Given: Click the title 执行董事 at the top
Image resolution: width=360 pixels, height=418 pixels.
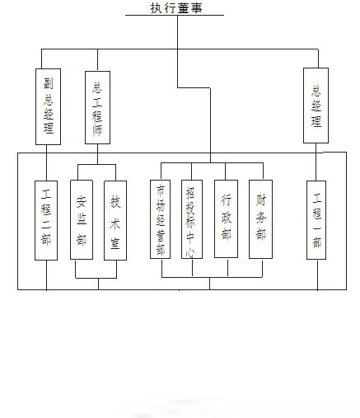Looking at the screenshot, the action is pos(176,7).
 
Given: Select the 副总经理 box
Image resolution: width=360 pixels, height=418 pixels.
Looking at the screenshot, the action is pos(48,106).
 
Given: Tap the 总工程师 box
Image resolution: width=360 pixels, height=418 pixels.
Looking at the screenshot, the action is pos(97,107).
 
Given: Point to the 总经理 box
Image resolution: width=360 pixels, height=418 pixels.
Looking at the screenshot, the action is pos(316,106).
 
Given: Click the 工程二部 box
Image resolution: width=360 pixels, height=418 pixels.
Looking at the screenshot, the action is pos(46,220).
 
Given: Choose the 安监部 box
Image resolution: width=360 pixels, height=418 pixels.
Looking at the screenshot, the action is pos(82,220).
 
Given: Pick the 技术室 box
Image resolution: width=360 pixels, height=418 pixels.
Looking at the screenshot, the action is pos(115,220).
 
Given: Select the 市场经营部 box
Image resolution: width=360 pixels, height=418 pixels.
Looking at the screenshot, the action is pos(161,219).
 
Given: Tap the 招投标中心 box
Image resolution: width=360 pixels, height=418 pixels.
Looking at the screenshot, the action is pos(192,219).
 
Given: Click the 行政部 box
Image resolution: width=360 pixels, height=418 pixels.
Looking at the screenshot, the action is pos(226,219).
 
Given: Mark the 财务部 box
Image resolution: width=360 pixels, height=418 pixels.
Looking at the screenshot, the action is pos(261,219).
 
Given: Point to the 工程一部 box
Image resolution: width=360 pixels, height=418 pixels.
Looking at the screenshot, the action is pos(316,220).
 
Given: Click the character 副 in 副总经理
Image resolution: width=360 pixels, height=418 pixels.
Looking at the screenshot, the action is pos(49,83).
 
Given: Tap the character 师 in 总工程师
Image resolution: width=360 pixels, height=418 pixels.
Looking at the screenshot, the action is pos(97,130).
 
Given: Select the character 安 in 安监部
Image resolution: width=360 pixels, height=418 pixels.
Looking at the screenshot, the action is pos(82,201).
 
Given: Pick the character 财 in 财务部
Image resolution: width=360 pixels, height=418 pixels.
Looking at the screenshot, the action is pos(261,200).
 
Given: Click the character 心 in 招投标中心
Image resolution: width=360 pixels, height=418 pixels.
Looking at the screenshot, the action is pos(190,252).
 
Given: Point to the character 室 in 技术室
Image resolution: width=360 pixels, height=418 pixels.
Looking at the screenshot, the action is pos(115,243).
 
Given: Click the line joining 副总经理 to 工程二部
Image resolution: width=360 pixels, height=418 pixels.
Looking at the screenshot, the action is pos(46,162).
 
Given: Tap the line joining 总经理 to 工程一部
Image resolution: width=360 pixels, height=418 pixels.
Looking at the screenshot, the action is pos(316,162).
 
